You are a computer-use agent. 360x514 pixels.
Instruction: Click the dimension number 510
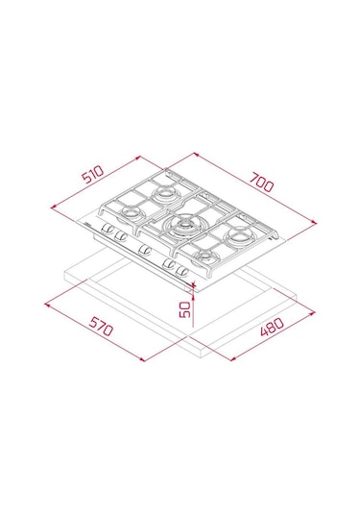click(93, 174)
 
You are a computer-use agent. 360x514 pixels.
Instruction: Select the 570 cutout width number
click(102, 326)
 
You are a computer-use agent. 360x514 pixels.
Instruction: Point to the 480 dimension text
click(272, 327)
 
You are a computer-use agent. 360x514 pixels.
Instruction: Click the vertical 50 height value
click(185, 309)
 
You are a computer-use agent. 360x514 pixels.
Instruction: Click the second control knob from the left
click(120, 234)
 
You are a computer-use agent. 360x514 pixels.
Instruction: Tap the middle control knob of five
click(144, 250)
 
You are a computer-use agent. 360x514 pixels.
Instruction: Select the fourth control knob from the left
click(169, 263)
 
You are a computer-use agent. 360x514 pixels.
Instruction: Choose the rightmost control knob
click(181, 271)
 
